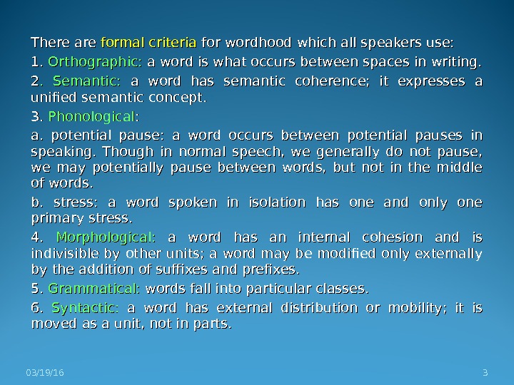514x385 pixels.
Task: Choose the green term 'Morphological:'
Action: click(x=106, y=237)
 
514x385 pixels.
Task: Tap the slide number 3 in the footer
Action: click(x=485, y=372)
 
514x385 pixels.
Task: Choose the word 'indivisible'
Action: click(x=66, y=255)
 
